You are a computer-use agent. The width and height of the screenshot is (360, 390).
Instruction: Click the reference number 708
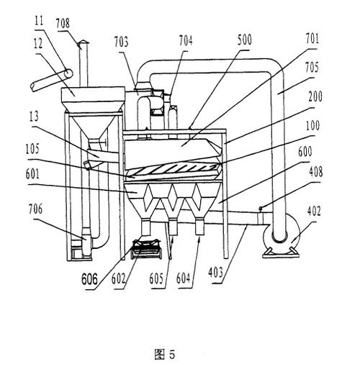pyautogui.click(x=63, y=23)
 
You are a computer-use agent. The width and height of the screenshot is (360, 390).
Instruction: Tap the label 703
pyautogui.click(x=121, y=42)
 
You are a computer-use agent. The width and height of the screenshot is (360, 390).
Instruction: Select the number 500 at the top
pyautogui.click(x=245, y=40)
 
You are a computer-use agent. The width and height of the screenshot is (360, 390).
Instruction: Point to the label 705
pyautogui.click(x=312, y=67)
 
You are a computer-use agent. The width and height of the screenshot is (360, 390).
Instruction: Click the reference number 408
pyautogui.click(x=315, y=172)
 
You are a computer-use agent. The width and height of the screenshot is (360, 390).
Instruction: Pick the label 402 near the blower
pyautogui.click(x=314, y=211)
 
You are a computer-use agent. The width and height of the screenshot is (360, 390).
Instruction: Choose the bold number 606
pyautogui.click(x=89, y=279)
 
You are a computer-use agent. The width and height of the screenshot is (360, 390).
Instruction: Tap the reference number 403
pyautogui.click(x=215, y=272)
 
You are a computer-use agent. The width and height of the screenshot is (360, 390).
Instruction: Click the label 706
pyautogui.click(x=35, y=209)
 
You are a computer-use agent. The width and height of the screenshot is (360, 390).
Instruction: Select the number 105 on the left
pyautogui.click(x=32, y=149)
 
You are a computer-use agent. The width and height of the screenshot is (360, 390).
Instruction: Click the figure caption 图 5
pyautogui.click(x=165, y=354)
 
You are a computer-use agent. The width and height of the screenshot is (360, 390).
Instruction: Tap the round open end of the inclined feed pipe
pyautogui.click(x=68, y=73)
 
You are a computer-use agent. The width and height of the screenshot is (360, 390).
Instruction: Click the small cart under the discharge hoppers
pyautogui.click(x=147, y=249)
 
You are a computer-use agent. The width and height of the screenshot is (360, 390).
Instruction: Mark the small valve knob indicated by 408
pyautogui.click(x=261, y=208)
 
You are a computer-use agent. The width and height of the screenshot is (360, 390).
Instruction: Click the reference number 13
pyautogui.click(x=34, y=117)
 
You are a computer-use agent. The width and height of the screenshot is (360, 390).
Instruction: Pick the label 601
pyautogui.click(x=32, y=174)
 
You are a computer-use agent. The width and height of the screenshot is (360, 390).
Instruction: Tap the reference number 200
pyautogui.click(x=315, y=96)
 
